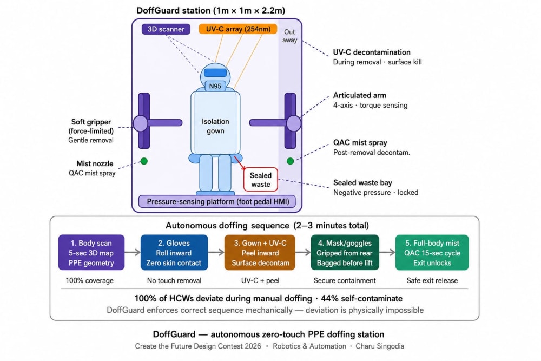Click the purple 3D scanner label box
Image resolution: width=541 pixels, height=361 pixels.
point(166,29)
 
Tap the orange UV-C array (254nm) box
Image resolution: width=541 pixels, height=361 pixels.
point(238,29)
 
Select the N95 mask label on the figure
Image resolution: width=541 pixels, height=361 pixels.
point(215,86)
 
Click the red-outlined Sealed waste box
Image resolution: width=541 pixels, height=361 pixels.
point(261,180)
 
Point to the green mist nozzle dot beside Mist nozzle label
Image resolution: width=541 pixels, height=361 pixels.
point(144,161)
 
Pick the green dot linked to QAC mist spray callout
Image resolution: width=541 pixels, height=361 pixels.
point(290,161)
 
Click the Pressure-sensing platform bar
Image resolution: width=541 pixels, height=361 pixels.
point(217,201)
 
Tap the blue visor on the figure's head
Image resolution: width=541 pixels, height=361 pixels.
point(215,73)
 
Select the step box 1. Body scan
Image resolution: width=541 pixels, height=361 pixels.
point(91,253)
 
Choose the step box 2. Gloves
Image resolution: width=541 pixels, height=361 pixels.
point(174,253)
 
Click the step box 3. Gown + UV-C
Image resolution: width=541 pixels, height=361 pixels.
point(260,253)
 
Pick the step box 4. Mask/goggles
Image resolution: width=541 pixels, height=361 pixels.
point(345,253)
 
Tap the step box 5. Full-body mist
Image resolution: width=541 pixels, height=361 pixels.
point(432,253)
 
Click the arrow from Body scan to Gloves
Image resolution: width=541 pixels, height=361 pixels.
point(133,252)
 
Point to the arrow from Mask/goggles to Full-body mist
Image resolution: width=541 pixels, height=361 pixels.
point(387,252)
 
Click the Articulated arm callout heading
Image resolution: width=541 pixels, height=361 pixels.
point(360,95)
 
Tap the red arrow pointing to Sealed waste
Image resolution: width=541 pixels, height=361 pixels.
point(240,163)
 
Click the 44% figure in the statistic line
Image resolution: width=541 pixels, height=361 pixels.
point(329,299)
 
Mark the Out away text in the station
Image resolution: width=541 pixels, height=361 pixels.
point(289,36)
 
